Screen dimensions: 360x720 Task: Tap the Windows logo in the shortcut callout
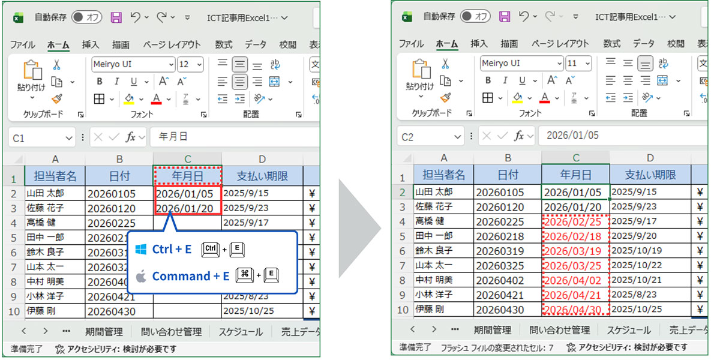pyautogui.click(x=141, y=249)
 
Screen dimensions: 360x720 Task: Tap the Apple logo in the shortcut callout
pyautogui.click(x=141, y=276)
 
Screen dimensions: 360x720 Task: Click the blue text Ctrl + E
pyautogui.click(x=172, y=249)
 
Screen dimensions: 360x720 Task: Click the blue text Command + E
pyautogui.click(x=191, y=276)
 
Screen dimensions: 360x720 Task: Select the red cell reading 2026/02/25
pyautogui.click(x=575, y=221)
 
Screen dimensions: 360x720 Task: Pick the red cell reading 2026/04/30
pyautogui.click(x=575, y=310)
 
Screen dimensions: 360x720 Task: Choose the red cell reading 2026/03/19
pyautogui.click(x=575, y=251)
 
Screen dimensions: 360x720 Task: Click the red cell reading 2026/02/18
pyautogui.click(x=575, y=236)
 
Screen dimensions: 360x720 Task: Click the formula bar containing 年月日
pyautogui.click(x=234, y=137)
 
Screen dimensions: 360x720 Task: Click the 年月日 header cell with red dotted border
pyautogui.click(x=188, y=176)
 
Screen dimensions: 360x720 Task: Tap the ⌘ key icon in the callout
pyautogui.click(x=244, y=275)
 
